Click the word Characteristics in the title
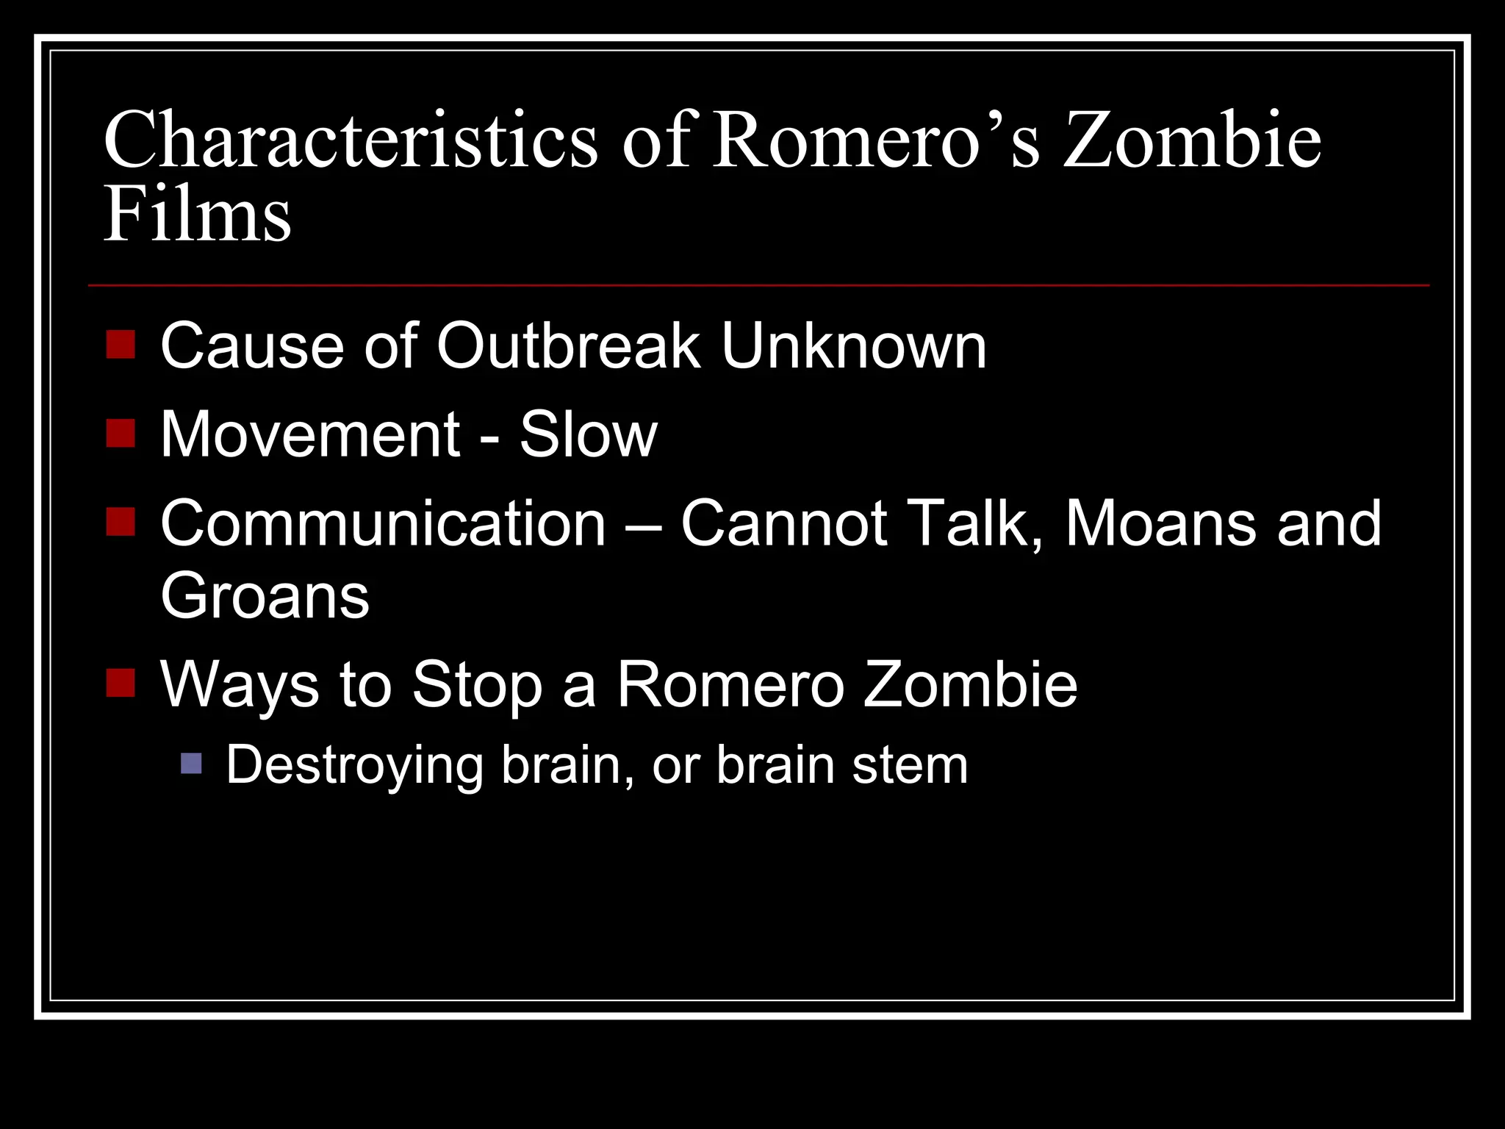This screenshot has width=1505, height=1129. tap(351, 140)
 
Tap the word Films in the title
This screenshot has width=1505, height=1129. tap(197, 215)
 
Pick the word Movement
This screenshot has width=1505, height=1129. tap(310, 434)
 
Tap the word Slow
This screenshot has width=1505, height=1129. tap(588, 434)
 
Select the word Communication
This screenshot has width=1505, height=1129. tap(383, 523)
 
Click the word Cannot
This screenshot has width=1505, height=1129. tap(783, 523)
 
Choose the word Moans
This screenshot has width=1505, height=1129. tap(1160, 523)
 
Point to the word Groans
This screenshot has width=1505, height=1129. tap(265, 596)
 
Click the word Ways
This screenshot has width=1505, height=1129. tap(240, 685)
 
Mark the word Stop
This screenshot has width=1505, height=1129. tap(477, 685)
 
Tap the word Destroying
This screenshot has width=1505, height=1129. tap(354, 766)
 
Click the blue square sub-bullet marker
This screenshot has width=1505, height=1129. tap(191, 764)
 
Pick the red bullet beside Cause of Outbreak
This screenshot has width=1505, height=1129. tap(121, 344)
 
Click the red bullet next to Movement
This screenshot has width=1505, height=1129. tap(121, 433)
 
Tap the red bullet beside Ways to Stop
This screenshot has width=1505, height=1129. tap(121, 683)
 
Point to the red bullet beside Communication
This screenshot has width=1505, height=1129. tap(121, 522)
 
